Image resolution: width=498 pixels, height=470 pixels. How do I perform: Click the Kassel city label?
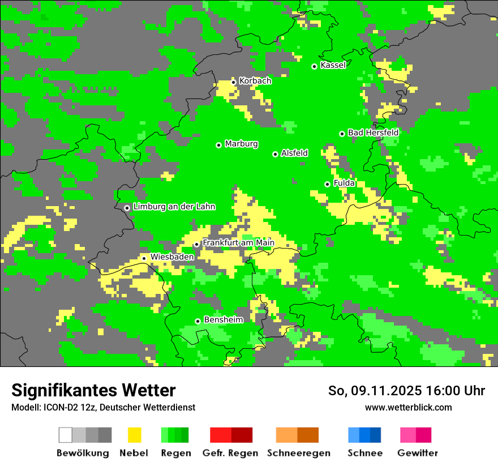333,65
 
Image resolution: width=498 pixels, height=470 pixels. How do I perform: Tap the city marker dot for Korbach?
233,82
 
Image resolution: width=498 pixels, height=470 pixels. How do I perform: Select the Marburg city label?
241,144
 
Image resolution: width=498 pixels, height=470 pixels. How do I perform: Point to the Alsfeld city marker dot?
275,154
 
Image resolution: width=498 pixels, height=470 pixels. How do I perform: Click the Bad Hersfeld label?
373,133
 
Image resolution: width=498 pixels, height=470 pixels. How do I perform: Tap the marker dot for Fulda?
327,184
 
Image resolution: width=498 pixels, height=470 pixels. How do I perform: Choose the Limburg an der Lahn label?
174,207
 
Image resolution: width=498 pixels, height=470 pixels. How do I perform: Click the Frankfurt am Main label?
238,243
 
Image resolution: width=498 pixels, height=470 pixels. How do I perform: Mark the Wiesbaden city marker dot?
144,258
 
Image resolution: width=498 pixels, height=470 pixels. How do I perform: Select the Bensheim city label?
223,320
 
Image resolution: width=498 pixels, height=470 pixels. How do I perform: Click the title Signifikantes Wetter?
93,390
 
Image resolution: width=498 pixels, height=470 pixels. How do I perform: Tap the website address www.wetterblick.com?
408,407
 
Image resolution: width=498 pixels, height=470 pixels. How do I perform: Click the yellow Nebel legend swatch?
134,435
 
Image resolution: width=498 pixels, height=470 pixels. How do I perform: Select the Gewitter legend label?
417,453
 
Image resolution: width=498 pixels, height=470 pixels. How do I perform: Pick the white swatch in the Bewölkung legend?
66,435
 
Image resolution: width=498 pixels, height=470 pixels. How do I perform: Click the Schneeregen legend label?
298,453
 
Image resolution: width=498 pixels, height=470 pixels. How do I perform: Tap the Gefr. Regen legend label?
230,453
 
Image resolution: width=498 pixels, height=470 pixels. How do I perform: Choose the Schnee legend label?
364,453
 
